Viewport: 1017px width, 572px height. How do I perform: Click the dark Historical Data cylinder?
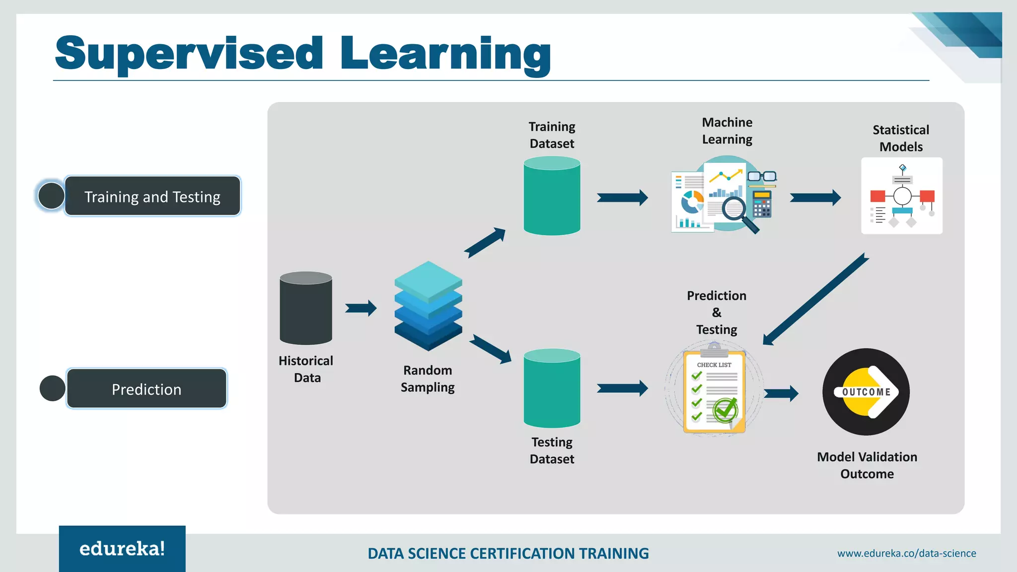click(x=306, y=308)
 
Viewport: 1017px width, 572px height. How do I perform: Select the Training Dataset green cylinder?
click(x=552, y=196)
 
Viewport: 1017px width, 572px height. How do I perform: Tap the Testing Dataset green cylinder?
click(x=552, y=388)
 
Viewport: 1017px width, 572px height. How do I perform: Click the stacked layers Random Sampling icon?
click(x=428, y=306)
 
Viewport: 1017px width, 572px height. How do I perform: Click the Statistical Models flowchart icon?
click(x=901, y=196)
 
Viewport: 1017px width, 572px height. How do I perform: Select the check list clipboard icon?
click(x=714, y=390)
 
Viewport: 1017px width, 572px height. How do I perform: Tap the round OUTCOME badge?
click(x=866, y=392)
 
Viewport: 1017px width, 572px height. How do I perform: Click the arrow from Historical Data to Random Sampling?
click(x=361, y=308)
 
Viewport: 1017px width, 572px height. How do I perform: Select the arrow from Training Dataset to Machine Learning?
click(x=622, y=198)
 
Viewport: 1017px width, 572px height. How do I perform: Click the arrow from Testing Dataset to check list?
click(x=622, y=388)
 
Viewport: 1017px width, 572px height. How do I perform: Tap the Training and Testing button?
click(x=152, y=196)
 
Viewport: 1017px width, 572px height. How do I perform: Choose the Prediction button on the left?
click(x=146, y=389)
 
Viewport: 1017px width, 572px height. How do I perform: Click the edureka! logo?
click(x=122, y=549)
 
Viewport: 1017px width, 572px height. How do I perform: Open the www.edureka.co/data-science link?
click(x=906, y=553)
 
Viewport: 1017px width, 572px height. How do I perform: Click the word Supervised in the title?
click(x=189, y=54)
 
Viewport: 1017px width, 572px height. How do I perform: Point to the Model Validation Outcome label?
click(x=867, y=465)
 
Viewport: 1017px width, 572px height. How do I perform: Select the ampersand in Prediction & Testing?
click(x=717, y=312)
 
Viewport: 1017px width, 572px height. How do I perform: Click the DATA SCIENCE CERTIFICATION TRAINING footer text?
click(x=508, y=553)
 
